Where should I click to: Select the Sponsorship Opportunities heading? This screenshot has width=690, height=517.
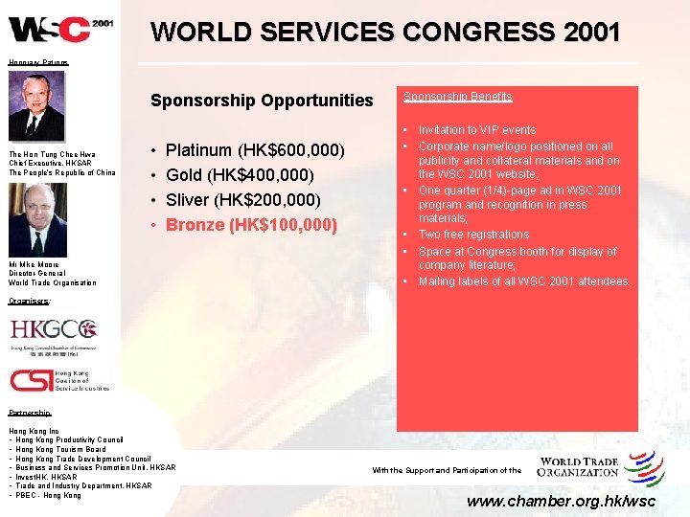pyautogui.click(x=262, y=100)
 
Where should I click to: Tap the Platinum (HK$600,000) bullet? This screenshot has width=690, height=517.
pyautogui.click(x=255, y=150)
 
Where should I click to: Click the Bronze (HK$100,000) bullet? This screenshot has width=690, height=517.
pyautogui.click(x=251, y=225)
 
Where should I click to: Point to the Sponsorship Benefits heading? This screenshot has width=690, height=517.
pyautogui.click(x=457, y=97)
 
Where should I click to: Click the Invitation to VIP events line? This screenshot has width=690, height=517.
pyautogui.click(x=476, y=130)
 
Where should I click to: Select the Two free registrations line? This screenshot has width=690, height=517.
pyautogui.click(x=472, y=235)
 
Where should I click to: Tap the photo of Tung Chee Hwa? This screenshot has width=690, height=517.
pyautogui.click(x=37, y=107)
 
